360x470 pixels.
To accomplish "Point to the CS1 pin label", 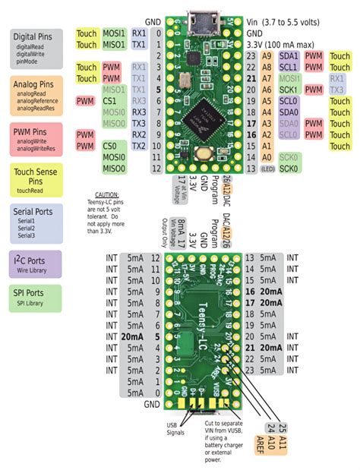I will pyautogui.click(x=111, y=100).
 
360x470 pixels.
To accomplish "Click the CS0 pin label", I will pyautogui.click(x=111, y=145).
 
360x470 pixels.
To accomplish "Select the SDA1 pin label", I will pyautogui.click(x=289, y=55).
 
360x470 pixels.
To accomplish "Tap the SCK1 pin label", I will pyautogui.click(x=289, y=90).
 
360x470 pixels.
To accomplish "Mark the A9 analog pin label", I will pyautogui.click(x=266, y=55).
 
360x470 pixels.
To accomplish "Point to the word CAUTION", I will pyautogui.click(x=103, y=195).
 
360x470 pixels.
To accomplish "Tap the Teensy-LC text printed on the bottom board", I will pyautogui.click(x=201, y=303).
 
